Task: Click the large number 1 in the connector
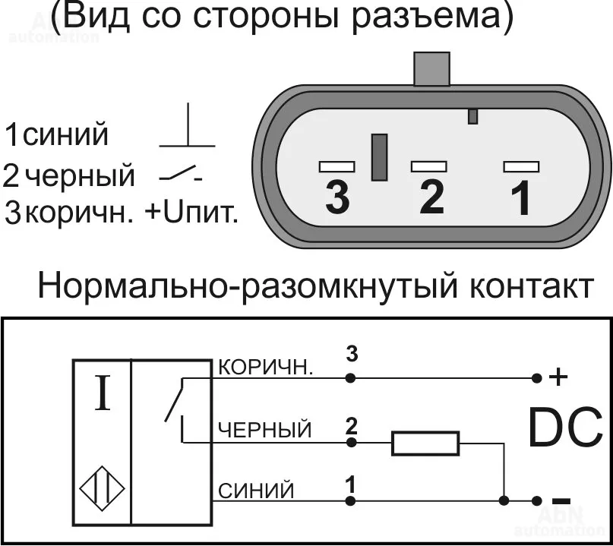pos(520,198)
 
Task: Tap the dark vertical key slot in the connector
pos(379,157)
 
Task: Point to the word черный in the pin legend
pos(79,175)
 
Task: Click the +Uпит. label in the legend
pos(191,213)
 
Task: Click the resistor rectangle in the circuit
pos(425,443)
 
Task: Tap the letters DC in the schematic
pos(565,428)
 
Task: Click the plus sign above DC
pos(558,377)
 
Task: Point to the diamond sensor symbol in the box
pos(102,491)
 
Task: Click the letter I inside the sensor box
pos(101,395)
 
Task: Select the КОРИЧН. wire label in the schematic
pos(265,368)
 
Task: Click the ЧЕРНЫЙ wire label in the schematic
pos(265,431)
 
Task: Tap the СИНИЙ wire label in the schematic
pos(256,491)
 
